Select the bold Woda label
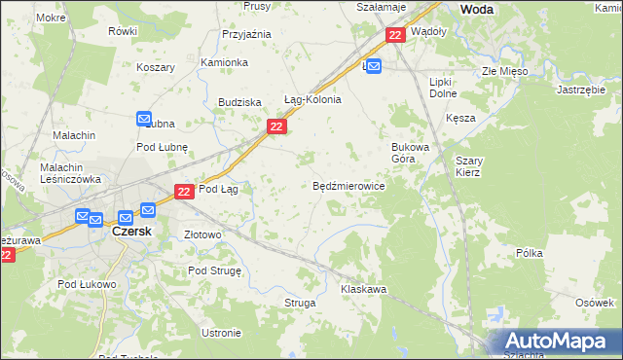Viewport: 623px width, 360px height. (476, 9)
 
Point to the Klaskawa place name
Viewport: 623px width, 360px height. (364, 289)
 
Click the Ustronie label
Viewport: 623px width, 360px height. (221, 333)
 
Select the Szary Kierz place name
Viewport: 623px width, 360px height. (468, 165)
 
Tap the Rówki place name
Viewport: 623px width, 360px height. (123, 31)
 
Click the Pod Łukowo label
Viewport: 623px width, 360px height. (87, 284)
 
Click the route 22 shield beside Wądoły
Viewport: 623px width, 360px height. (394, 35)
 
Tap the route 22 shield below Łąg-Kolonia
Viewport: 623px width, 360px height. (276, 126)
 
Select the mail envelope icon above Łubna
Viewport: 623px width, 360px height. (143, 117)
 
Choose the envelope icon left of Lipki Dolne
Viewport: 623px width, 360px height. (375, 65)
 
